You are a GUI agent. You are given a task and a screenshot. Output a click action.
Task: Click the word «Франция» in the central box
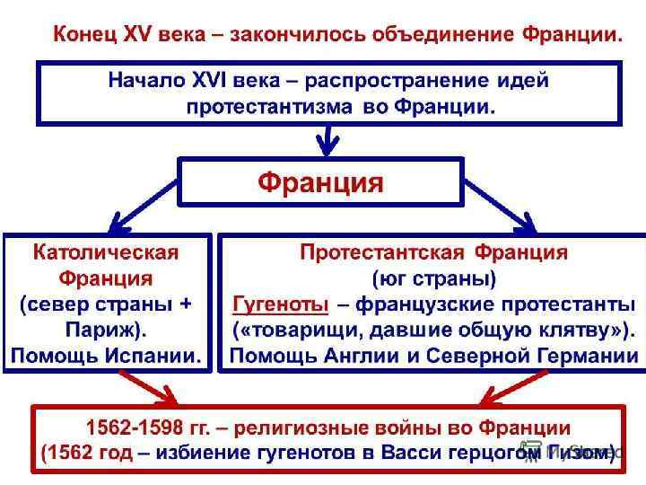(x=320, y=183)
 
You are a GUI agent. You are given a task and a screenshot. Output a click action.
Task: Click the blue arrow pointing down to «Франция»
(x=328, y=139)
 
